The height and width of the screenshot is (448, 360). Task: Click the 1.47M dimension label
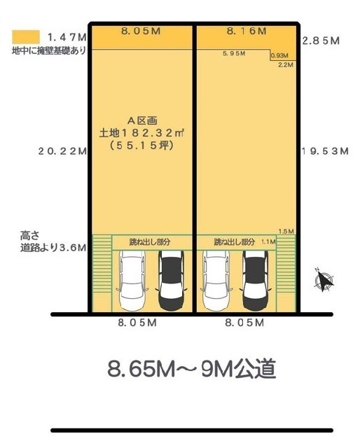point(67,37)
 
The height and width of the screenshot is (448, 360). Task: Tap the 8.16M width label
point(247,31)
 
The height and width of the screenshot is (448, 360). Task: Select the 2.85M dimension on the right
point(321,41)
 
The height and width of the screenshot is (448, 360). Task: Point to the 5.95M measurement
point(234,53)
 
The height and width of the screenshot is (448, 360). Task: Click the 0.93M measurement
point(279,56)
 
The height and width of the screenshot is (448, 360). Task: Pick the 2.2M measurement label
point(286,65)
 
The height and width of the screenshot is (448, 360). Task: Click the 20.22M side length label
point(62,151)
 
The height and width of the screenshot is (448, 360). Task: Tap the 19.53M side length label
point(326,151)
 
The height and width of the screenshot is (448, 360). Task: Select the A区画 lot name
point(142,121)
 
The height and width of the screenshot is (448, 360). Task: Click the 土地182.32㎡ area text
point(141,133)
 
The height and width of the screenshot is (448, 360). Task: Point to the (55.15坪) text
point(141,146)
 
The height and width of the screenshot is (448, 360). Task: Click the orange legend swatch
point(26,37)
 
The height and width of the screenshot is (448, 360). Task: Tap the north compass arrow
point(324,280)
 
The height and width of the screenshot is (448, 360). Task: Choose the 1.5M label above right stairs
point(286,232)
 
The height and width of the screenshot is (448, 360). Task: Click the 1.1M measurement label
point(268,242)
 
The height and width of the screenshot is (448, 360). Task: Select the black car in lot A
point(172,280)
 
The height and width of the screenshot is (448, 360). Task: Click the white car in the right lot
point(216,280)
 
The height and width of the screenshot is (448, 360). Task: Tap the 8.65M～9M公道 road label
point(192,369)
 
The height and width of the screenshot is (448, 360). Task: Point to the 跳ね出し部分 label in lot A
point(150,242)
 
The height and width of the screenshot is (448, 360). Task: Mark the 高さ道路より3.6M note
point(53,241)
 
